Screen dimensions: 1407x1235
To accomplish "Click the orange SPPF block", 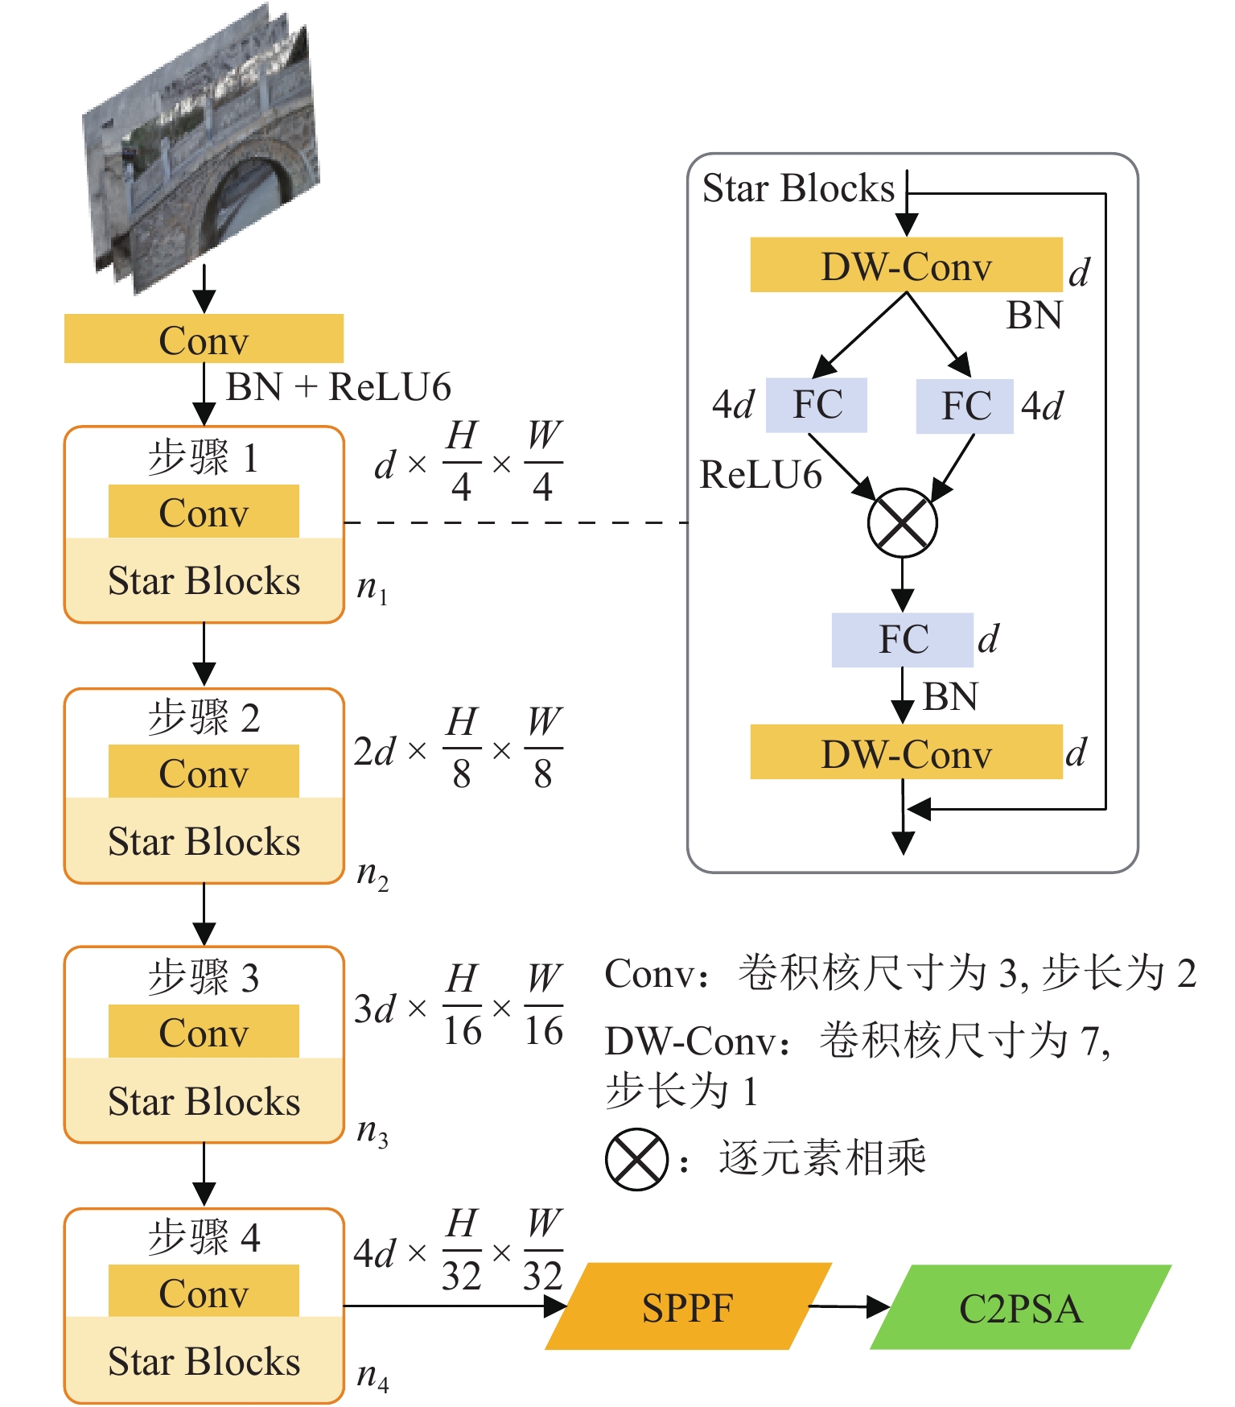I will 688,1306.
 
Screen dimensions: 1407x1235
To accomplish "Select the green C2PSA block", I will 1020,1307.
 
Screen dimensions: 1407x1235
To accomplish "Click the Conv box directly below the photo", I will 204,339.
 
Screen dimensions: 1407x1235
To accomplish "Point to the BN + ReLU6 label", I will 338,387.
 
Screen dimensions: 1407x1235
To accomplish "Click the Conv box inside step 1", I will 204,512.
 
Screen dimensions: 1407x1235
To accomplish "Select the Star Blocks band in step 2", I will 204,841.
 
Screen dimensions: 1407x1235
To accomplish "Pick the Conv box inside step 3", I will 204,1032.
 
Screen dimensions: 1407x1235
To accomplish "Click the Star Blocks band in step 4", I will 204,1360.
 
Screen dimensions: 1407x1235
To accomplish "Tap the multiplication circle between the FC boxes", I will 903,522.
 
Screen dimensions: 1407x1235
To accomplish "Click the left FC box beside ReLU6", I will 817,405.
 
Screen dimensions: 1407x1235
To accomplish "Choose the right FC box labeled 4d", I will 965,406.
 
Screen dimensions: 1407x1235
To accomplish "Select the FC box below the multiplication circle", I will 903,640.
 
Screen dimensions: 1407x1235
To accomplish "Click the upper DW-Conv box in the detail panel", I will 906,265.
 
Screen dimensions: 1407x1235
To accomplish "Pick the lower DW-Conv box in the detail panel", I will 906,753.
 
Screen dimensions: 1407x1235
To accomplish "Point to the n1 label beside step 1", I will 372,588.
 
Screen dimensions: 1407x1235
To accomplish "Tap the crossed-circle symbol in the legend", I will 636,1159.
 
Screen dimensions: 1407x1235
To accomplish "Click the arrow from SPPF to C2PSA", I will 849,1307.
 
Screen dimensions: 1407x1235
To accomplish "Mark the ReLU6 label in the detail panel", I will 760,475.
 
